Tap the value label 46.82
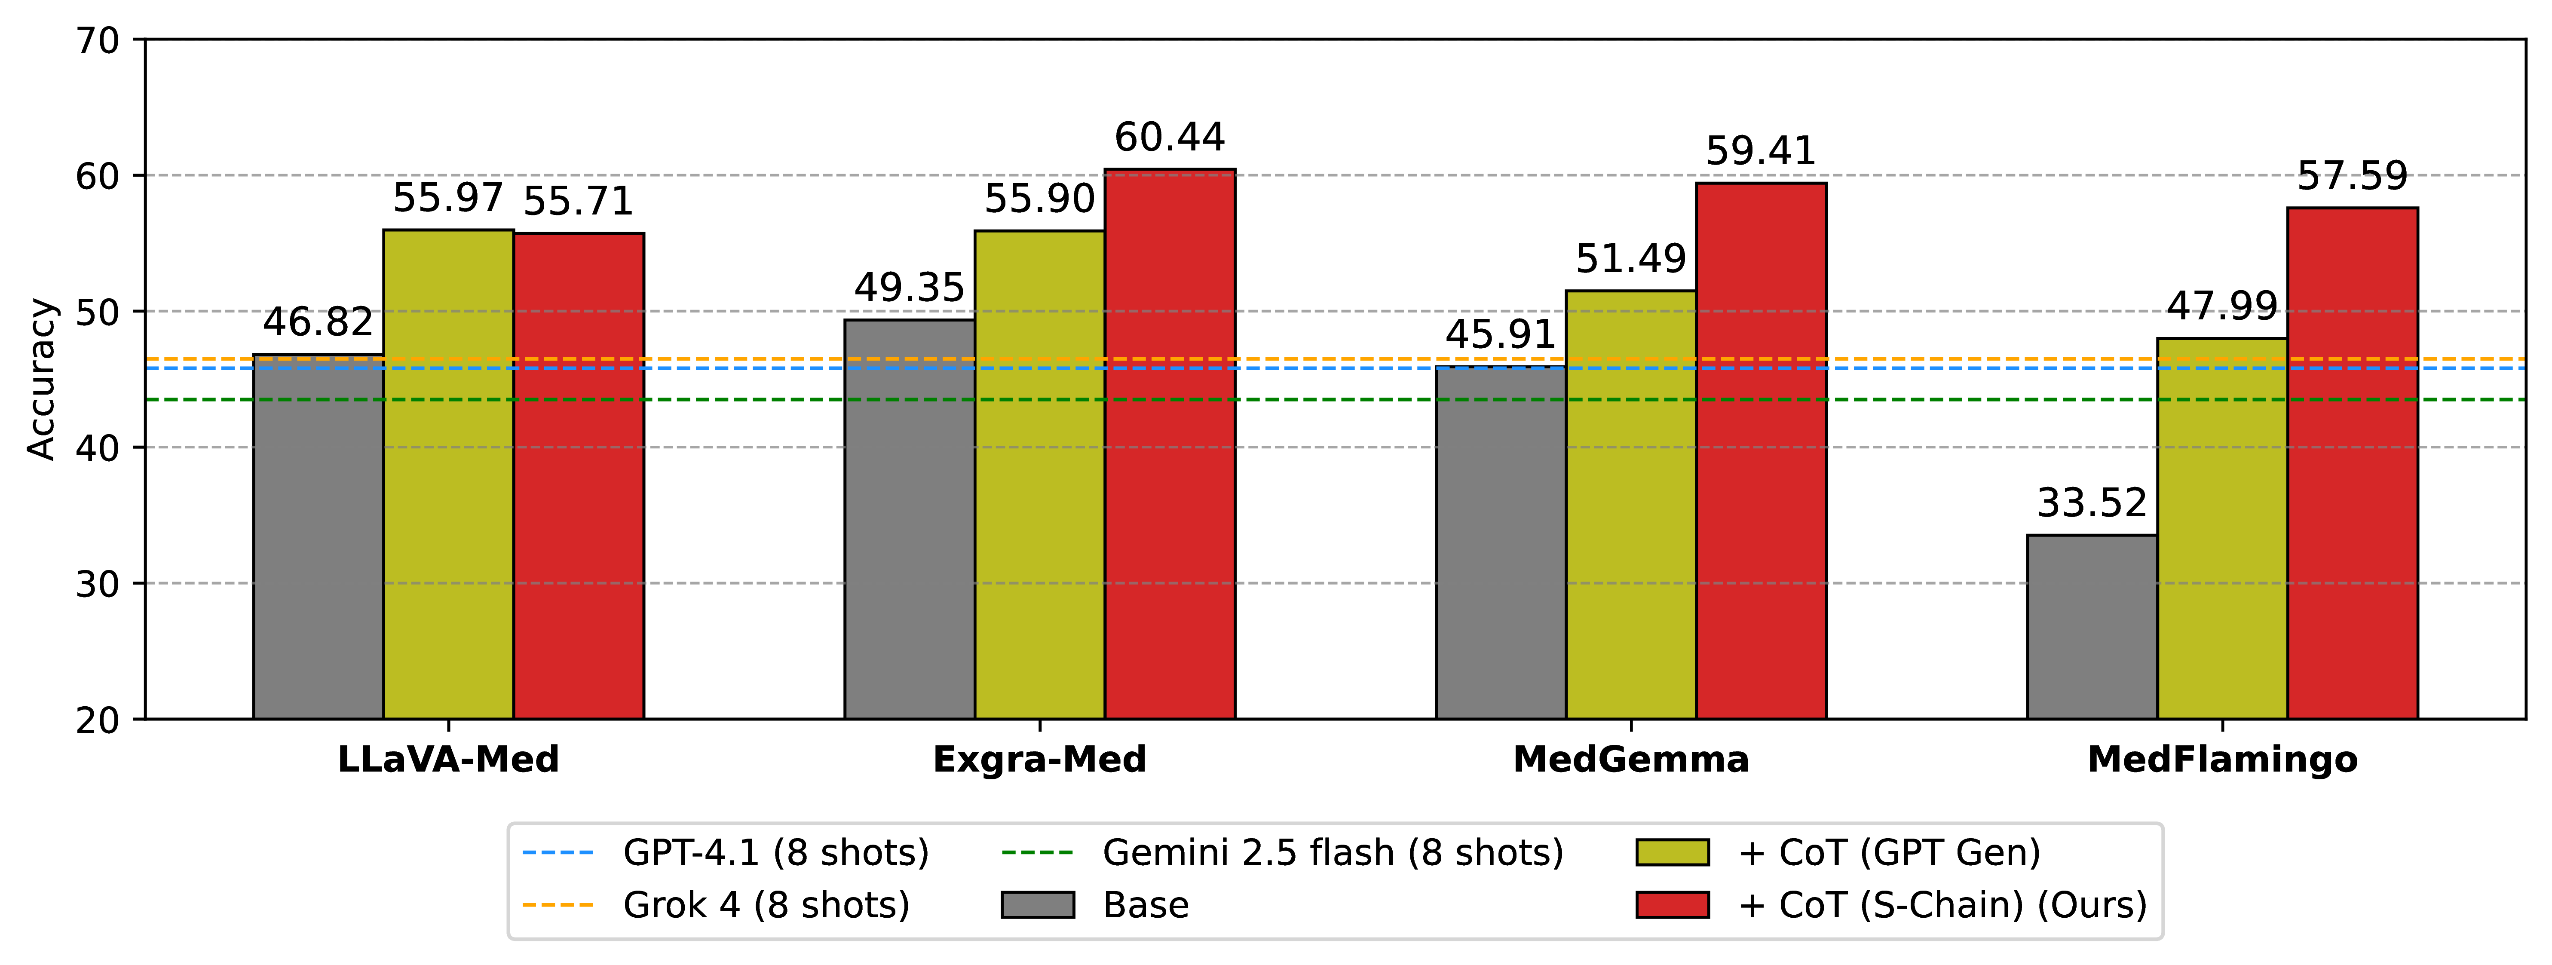coord(318,322)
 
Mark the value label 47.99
coord(2222,306)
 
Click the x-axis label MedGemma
coord(1631,760)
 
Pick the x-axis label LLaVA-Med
coord(449,760)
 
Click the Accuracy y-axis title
coord(42,380)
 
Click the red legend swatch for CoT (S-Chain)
coord(1672,904)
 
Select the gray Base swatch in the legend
coord(1037,904)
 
